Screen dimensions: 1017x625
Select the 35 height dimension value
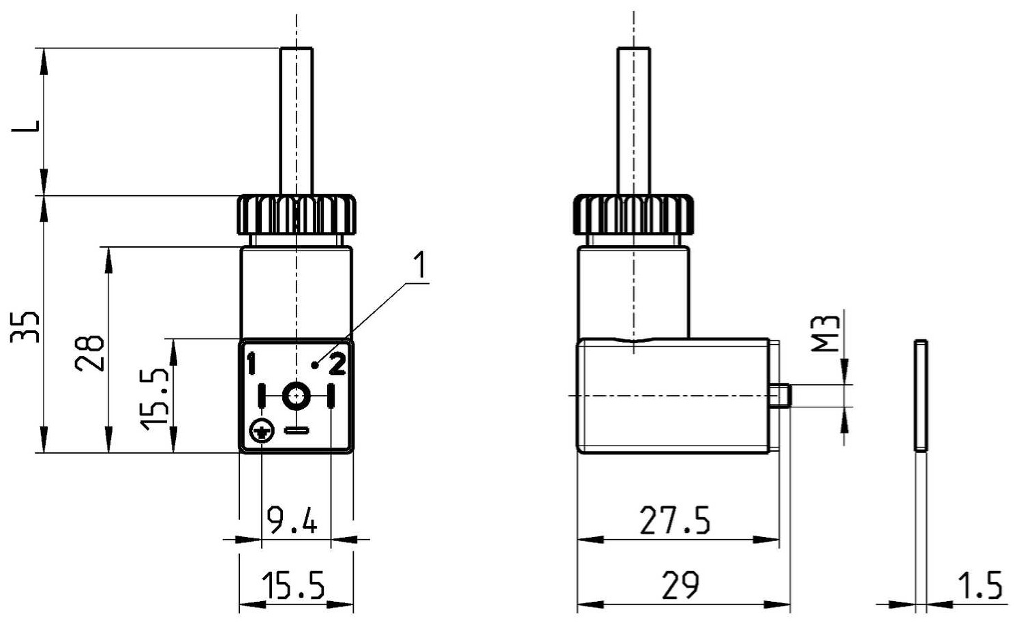[x=25, y=327]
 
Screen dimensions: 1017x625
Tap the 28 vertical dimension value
[x=90, y=353]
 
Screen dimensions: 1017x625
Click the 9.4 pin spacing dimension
[x=292, y=521]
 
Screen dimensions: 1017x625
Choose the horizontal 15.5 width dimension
[x=293, y=585]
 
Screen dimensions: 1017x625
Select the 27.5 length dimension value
[x=675, y=521]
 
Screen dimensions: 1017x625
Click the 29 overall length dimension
[x=680, y=585]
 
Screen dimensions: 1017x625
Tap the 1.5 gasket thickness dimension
[x=980, y=585]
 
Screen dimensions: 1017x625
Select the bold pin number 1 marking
[x=251, y=364]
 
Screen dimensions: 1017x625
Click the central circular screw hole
[x=297, y=396]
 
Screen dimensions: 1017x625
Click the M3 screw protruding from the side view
[x=780, y=396]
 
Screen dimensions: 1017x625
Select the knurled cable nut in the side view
[x=633, y=214]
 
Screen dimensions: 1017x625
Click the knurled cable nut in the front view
[x=297, y=214]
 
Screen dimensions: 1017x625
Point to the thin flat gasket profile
[x=921, y=396]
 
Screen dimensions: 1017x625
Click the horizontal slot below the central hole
[x=297, y=430]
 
